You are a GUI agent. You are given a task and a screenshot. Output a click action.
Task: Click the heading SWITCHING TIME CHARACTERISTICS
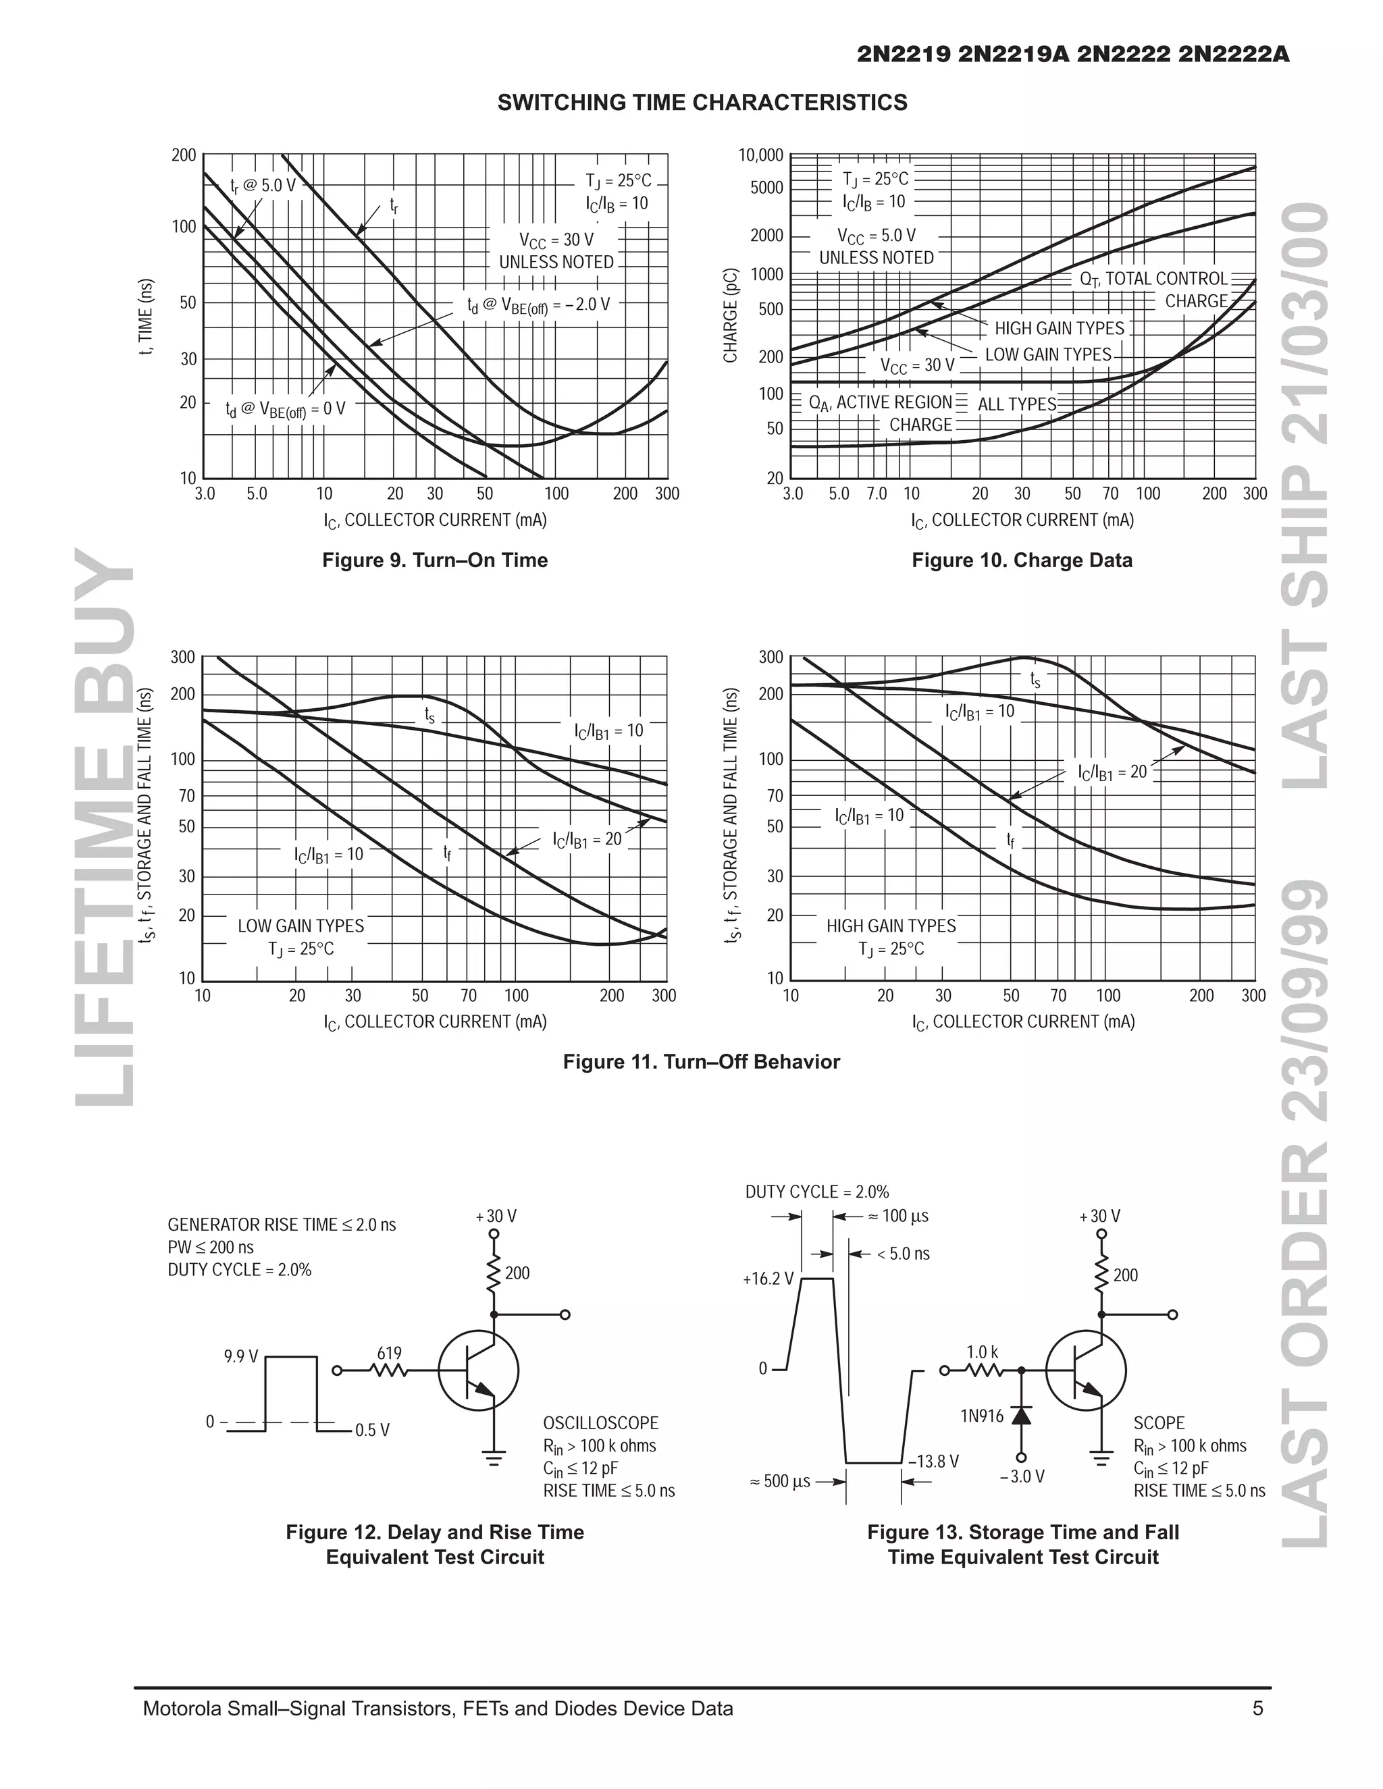[702, 103]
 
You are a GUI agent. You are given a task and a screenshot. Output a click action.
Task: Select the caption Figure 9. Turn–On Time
[434, 560]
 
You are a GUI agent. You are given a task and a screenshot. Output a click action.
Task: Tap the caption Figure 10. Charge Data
[1022, 560]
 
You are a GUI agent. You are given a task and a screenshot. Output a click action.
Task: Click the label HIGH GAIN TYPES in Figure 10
[1059, 329]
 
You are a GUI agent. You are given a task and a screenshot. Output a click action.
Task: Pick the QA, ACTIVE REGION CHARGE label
[881, 414]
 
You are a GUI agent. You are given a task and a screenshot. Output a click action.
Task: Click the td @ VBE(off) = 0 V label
[285, 408]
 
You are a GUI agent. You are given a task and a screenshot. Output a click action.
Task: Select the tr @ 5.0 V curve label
[262, 186]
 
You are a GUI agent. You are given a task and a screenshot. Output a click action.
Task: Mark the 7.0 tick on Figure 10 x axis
[876, 494]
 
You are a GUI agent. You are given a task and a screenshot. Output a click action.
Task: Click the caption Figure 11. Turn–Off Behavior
[702, 1062]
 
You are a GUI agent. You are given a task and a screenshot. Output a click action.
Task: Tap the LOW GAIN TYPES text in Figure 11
[301, 926]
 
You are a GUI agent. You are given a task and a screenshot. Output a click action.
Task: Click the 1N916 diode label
[981, 1416]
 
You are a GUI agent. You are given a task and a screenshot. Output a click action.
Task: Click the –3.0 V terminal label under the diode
[1022, 1477]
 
